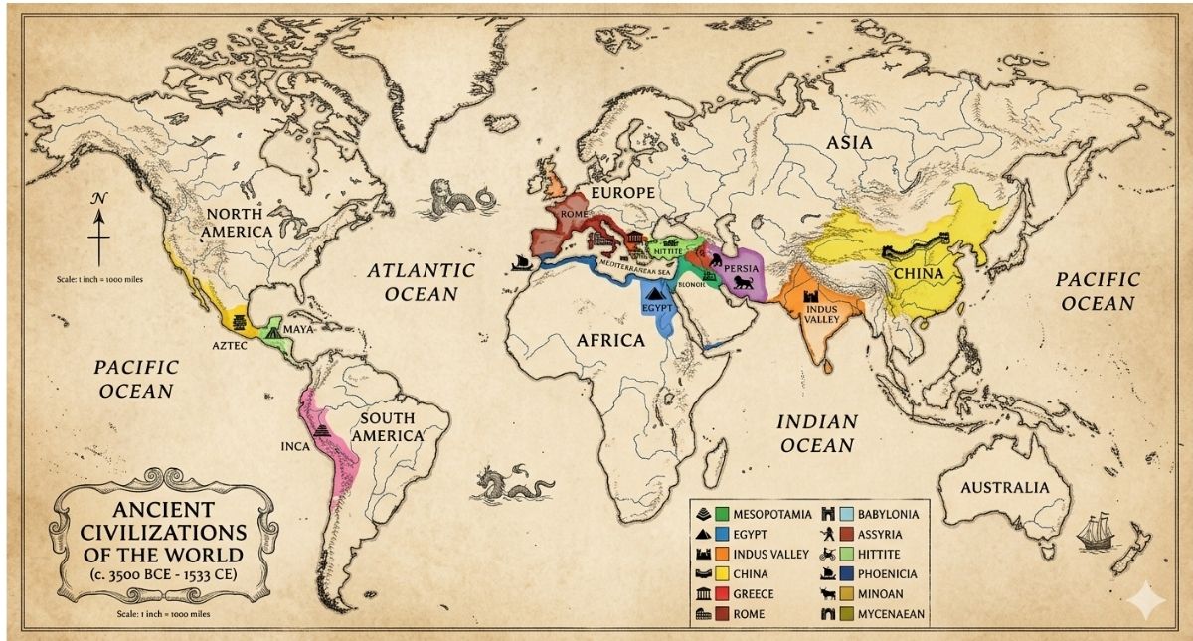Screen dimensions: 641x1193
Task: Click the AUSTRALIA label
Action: pyautogui.click(x=1004, y=488)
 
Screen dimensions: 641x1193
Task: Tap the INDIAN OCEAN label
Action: pyautogui.click(x=816, y=433)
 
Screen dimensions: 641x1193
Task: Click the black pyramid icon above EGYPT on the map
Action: pyautogui.click(x=654, y=291)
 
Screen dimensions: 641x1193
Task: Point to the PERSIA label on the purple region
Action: pyautogui.click(x=742, y=269)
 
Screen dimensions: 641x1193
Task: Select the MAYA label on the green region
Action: pyautogui.click(x=299, y=329)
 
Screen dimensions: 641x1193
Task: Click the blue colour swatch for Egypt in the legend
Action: pyautogui.click(x=722, y=534)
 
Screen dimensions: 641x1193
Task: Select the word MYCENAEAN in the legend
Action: pyautogui.click(x=891, y=614)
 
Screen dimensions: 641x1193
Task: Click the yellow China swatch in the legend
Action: pyautogui.click(x=722, y=574)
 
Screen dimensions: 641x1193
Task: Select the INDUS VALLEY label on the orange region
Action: pyautogui.click(x=815, y=314)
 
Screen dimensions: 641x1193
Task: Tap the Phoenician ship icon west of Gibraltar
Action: pyautogui.click(x=518, y=260)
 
